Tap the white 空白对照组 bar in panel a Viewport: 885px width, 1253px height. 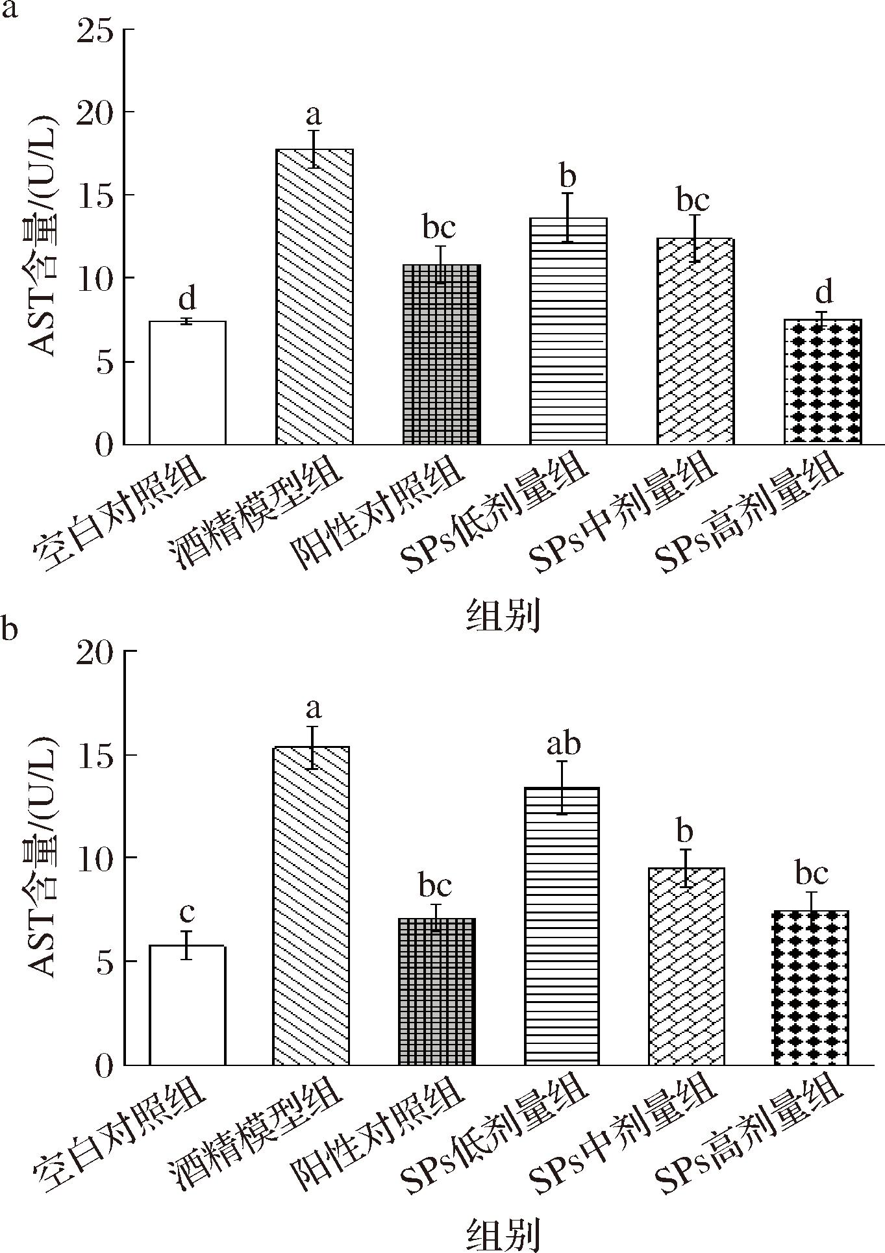coord(188,383)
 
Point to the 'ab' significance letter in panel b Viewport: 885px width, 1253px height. coord(563,745)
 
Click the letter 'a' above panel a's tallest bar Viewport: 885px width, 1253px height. coord(314,116)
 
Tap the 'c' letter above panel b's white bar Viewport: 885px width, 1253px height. coord(187,912)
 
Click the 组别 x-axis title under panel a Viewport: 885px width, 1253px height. coord(503,615)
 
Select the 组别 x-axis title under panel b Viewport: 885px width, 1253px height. coord(503,1234)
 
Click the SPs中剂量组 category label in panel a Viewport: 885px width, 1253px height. coord(623,513)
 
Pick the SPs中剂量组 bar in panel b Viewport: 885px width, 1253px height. coord(686,967)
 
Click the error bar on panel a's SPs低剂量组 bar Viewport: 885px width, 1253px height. coord(568,217)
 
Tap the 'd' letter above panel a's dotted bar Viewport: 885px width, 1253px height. coord(823,293)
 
